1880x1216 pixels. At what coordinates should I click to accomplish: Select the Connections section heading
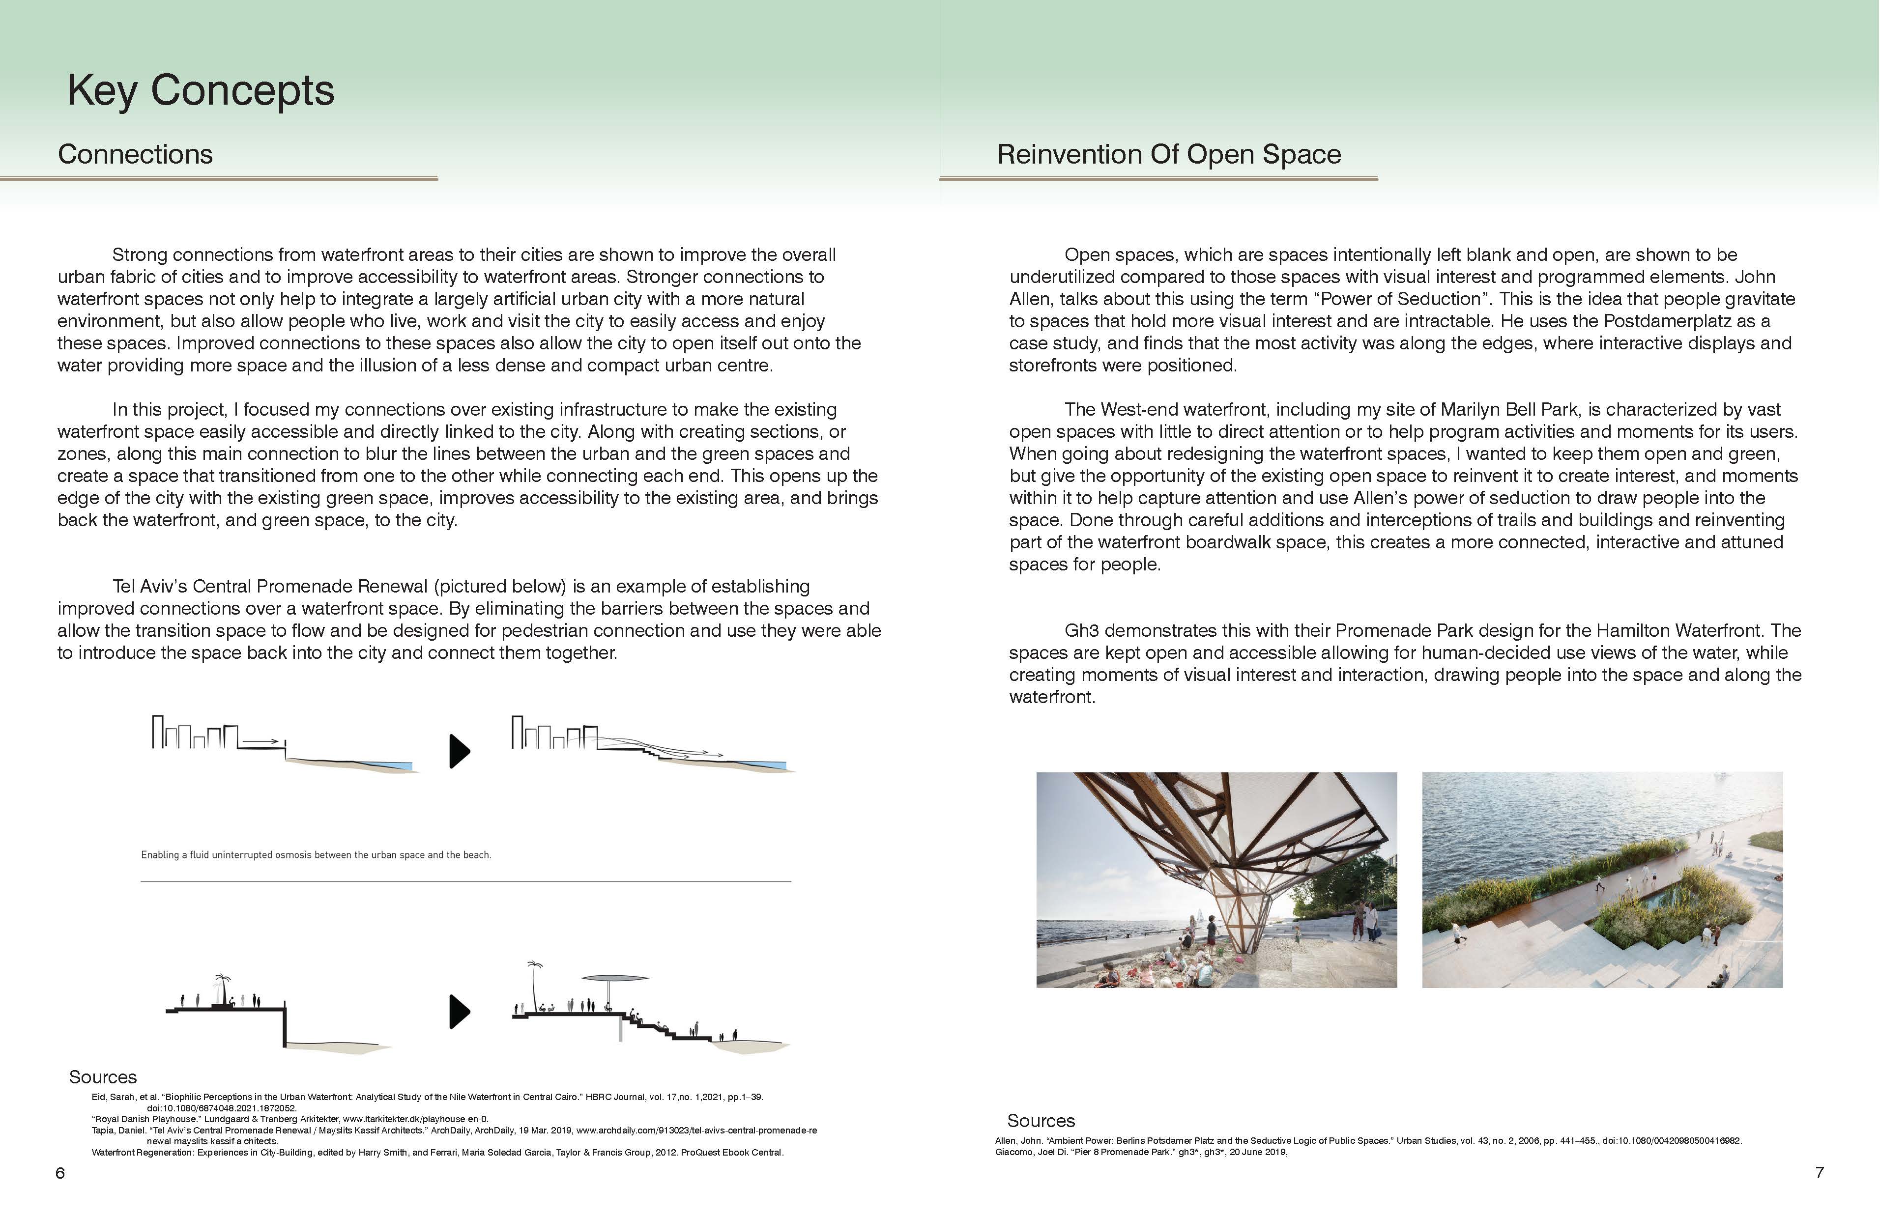(135, 154)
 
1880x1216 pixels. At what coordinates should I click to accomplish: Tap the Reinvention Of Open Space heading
(1168, 154)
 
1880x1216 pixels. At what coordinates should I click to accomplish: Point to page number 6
(60, 1173)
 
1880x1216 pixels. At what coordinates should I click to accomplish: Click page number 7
(1819, 1173)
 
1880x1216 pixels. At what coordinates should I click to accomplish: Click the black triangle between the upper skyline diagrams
(459, 751)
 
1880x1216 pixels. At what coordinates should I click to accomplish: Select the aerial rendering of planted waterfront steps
(1602, 879)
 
